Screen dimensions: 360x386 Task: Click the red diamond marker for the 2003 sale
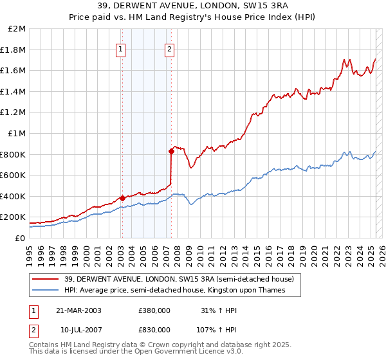[x=122, y=198]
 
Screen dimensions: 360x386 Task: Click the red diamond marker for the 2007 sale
[x=171, y=151]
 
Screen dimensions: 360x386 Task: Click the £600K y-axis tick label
[x=14, y=175]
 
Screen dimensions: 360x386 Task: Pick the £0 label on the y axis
[x=20, y=238]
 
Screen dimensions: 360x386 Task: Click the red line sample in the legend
[x=45, y=279]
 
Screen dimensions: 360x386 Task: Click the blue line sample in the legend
[x=45, y=290]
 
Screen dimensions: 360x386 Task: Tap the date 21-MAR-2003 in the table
[x=78, y=310]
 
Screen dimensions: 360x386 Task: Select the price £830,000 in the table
[x=154, y=329]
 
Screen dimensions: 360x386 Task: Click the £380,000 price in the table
[x=154, y=310]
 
